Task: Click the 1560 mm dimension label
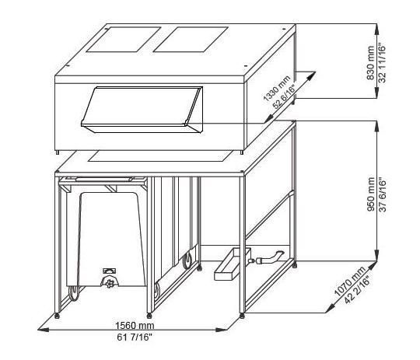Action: click(135, 326)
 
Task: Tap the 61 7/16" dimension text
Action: click(135, 337)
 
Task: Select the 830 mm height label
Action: click(370, 63)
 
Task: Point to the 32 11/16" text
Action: click(382, 62)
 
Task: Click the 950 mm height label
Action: click(371, 194)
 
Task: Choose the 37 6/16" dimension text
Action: click(383, 195)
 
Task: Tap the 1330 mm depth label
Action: click(276, 89)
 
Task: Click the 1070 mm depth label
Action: click(349, 281)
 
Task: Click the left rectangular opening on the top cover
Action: click(123, 40)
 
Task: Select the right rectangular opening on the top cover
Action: click(191, 40)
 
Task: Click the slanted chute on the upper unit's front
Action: click(142, 110)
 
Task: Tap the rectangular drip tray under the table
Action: click(233, 264)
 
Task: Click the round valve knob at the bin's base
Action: click(110, 282)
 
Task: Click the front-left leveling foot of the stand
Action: click(57, 316)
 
